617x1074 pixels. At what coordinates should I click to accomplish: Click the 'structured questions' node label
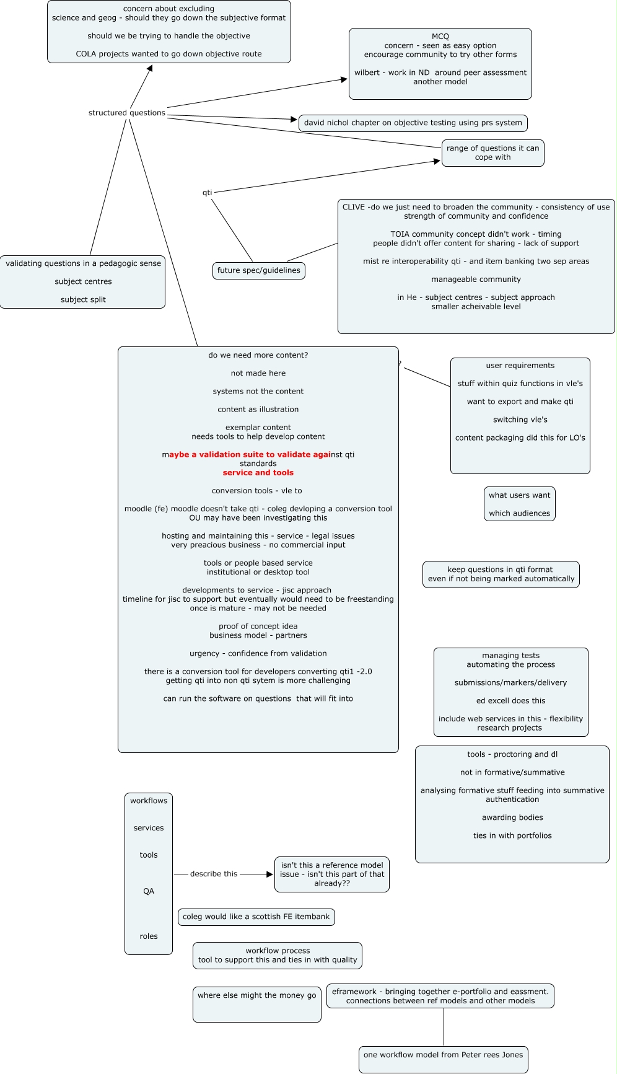[x=127, y=113]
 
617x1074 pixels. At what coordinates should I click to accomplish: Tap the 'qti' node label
[x=208, y=193]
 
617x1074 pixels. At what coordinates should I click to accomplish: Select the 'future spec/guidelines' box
[x=258, y=271]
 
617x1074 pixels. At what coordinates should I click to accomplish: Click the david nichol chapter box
[x=413, y=123]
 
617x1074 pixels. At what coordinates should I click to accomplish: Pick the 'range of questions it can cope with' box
[x=492, y=153]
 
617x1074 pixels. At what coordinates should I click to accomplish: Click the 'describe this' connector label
[x=214, y=874]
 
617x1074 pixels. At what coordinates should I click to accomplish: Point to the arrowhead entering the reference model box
[x=269, y=874]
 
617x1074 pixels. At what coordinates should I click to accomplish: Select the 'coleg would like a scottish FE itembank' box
[x=256, y=917]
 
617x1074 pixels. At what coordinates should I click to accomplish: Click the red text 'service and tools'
[x=258, y=473]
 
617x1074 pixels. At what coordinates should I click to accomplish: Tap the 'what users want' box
[x=519, y=504]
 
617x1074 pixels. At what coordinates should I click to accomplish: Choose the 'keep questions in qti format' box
[x=501, y=574]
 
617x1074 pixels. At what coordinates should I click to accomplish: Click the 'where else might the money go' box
[x=256, y=1004]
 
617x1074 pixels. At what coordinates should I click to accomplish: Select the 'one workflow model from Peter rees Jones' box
[x=443, y=1059]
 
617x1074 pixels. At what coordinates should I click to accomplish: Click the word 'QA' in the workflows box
[x=149, y=891]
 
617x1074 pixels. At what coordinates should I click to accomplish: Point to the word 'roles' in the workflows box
[x=149, y=936]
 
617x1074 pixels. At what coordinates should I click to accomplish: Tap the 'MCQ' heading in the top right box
[x=440, y=37]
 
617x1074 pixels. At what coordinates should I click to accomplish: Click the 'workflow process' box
[x=277, y=956]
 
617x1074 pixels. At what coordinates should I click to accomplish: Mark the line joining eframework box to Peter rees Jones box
[x=444, y=1027]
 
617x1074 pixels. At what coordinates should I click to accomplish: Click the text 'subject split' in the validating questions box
[x=83, y=300]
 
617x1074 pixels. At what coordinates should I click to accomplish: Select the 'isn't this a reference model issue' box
[x=331, y=874]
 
